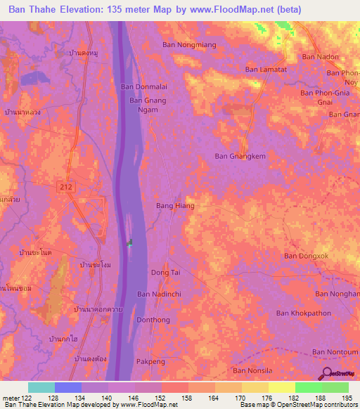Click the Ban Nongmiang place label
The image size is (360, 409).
(x=189, y=44)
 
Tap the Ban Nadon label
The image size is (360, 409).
(x=320, y=57)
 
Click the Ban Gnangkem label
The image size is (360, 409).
(x=240, y=157)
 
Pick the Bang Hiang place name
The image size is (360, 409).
(x=175, y=206)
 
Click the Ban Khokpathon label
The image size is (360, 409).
(x=303, y=313)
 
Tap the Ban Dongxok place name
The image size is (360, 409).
(x=307, y=257)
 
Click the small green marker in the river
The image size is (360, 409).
(x=129, y=244)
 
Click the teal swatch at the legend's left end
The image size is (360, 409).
(x=41, y=387)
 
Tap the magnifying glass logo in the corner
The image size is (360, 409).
(x=327, y=373)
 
